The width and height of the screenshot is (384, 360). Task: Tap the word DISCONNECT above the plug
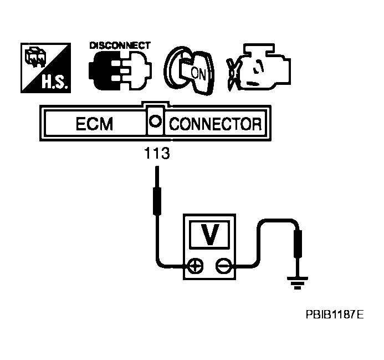click(x=120, y=45)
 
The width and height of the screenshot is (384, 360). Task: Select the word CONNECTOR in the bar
click(x=214, y=123)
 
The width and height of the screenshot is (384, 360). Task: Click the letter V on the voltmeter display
click(x=209, y=235)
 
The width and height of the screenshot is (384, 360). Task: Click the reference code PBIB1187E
click(x=334, y=316)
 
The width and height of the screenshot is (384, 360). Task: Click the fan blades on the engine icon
click(x=235, y=75)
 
